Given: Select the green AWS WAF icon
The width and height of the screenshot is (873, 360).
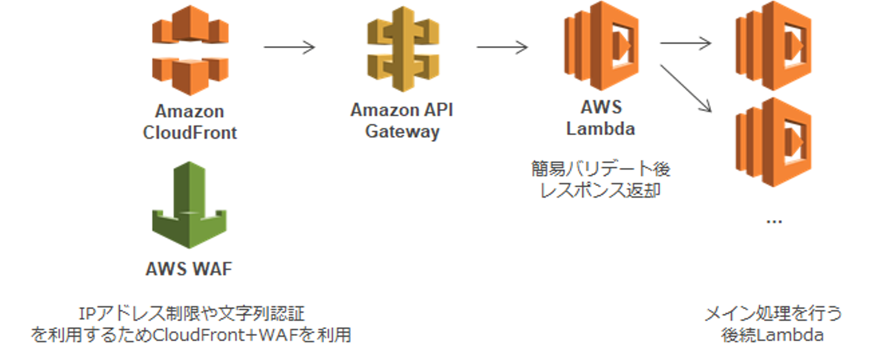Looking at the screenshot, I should (x=190, y=205).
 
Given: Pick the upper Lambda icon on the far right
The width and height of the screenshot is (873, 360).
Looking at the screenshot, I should (x=772, y=45).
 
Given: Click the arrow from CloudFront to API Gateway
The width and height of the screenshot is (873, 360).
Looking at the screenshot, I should (x=290, y=47).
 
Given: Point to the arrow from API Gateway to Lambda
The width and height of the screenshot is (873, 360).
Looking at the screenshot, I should (x=502, y=47).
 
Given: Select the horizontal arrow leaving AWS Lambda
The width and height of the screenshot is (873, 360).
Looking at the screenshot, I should (x=685, y=43).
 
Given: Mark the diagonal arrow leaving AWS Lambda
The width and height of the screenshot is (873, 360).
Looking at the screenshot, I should (x=685, y=88).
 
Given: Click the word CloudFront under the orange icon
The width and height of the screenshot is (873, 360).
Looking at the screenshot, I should (x=190, y=133).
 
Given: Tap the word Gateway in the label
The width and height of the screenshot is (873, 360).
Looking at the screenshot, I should (x=402, y=132).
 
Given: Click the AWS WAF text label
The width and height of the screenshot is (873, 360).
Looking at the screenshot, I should (x=189, y=268).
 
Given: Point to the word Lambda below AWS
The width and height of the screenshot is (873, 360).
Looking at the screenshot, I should (x=600, y=129).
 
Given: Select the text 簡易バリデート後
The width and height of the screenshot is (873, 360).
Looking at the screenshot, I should (x=600, y=169).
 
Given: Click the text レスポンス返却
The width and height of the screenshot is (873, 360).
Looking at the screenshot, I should (x=600, y=192).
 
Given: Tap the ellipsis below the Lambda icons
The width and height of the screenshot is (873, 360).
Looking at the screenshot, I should (x=774, y=221).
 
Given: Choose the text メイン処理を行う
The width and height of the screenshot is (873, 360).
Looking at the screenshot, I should (x=773, y=314).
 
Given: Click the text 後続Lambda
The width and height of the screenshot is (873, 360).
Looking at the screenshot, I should (x=773, y=335).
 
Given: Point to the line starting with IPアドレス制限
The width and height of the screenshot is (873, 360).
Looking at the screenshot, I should (x=192, y=314).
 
